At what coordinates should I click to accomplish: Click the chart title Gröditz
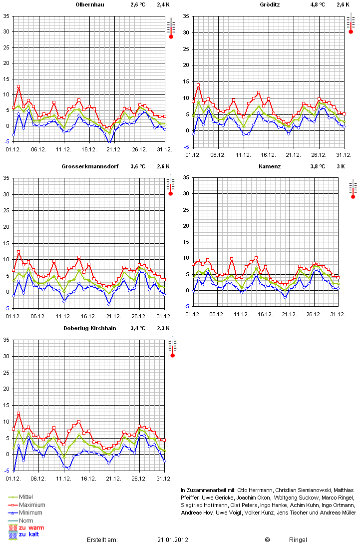coord(270,4)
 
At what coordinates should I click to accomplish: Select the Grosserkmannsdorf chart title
coord(90,166)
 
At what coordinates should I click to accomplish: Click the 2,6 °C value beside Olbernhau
coord(138,4)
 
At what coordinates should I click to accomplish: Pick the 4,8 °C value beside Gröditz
coord(317,4)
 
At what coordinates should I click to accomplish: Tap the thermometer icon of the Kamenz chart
coord(353,188)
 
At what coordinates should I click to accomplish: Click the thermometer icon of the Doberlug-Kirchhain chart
coord(172,347)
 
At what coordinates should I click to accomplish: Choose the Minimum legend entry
coord(31,513)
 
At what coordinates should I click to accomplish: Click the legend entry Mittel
coord(26,497)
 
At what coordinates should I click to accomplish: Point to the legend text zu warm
coord(31,528)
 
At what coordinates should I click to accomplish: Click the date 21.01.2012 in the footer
coord(173,540)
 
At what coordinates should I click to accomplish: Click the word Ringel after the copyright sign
coord(298,540)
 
